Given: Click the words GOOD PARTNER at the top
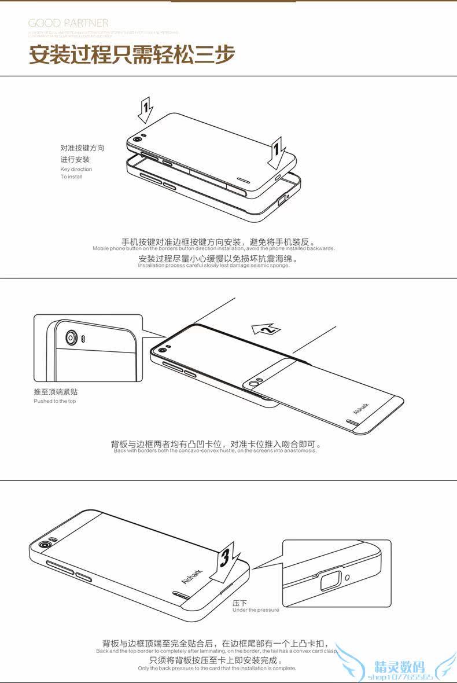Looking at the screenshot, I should tap(68, 23).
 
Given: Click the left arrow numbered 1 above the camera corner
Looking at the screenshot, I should tap(146, 109).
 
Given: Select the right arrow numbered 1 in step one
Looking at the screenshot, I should tap(277, 152).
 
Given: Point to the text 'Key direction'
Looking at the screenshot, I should tap(76, 169).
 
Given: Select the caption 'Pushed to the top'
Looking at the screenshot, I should tap(54, 401).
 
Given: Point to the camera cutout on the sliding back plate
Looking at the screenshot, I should tap(253, 383).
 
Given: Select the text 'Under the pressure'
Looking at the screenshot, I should tap(255, 609).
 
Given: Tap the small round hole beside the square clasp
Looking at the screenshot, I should tap(347, 576).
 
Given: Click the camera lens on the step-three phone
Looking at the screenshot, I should tap(43, 545).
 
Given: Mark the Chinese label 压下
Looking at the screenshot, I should tap(239, 603).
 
